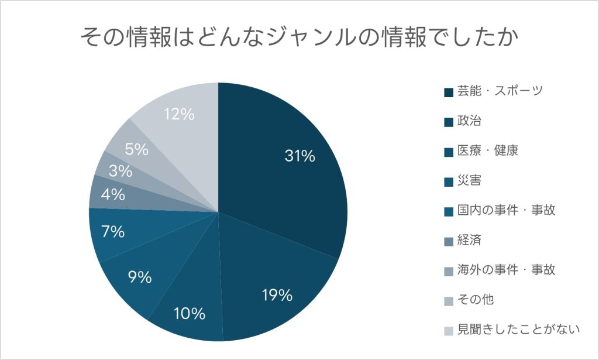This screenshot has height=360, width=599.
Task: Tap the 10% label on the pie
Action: (x=190, y=314)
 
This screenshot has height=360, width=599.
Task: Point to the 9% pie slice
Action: (x=153, y=275)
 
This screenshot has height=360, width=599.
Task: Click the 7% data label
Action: (x=113, y=232)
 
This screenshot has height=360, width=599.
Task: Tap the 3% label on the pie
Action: (x=121, y=171)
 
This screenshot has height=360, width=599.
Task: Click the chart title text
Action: (x=299, y=37)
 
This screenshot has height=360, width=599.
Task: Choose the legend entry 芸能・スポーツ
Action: (x=493, y=91)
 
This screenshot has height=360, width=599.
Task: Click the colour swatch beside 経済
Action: (x=449, y=241)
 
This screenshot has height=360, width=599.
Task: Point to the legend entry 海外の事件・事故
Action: (x=500, y=270)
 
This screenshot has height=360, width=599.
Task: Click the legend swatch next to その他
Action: (x=449, y=301)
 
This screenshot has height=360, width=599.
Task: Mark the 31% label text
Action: (x=300, y=156)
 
